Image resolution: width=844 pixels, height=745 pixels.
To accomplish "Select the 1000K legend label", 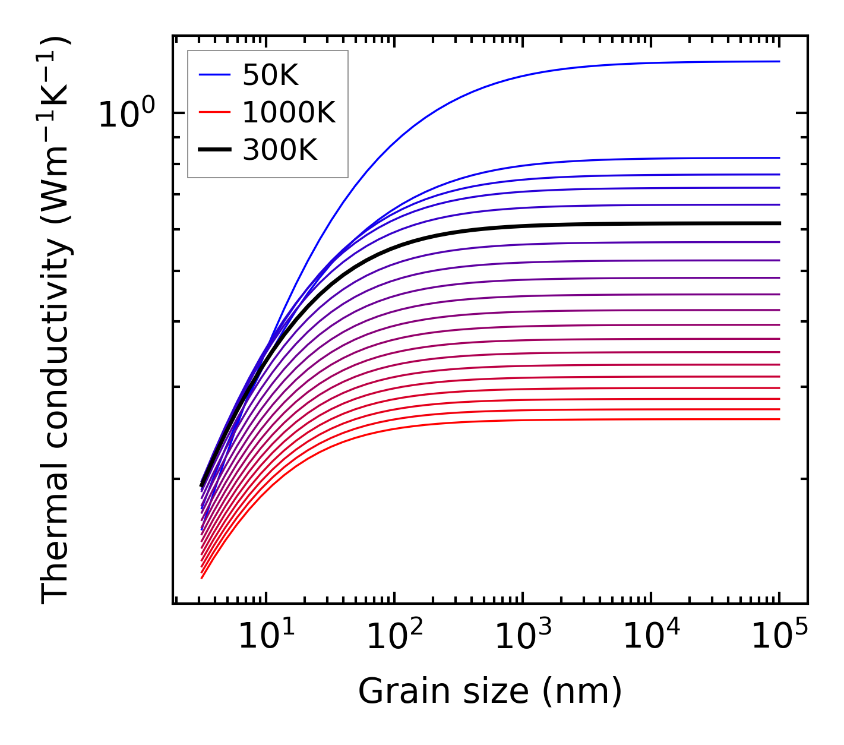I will click(289, 112).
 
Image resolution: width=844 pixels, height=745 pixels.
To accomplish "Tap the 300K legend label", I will click(280, 150).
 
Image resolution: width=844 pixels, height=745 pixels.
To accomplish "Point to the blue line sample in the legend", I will click(214, 75).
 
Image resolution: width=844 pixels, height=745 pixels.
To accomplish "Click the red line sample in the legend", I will click(214, 112).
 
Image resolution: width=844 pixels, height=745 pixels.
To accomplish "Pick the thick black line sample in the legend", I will click(214, 150).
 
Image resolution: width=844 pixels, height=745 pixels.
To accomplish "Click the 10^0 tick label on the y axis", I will click(127, 114).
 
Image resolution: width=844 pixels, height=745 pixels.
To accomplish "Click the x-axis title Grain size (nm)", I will click(490, 692).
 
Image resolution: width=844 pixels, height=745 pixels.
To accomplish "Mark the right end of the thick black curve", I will click(779, 223).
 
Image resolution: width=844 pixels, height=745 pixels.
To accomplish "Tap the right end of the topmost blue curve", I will click(779, 61).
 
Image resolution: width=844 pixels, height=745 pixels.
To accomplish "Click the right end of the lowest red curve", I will click(779, 419).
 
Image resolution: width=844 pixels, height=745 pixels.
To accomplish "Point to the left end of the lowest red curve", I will click(202, 577).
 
